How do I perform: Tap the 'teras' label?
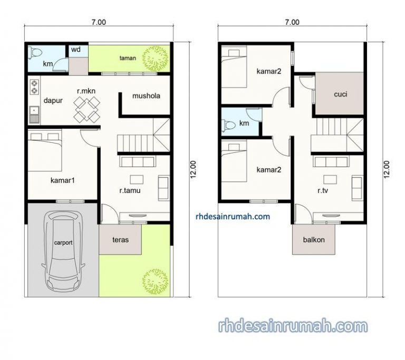(120, 239)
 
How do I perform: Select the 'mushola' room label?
(146, 96)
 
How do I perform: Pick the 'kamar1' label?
(62, 180)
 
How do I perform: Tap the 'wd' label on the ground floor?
(75, 50)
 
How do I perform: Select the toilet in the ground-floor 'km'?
(35, 53)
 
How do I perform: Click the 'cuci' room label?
(340, 95)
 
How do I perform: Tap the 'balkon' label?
(314, 239)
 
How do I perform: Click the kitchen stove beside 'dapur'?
(35, 86)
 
